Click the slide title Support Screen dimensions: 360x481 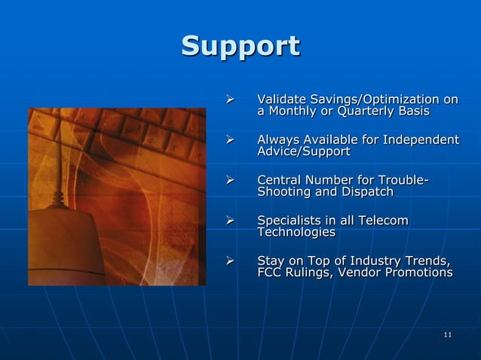[x=240, y=46]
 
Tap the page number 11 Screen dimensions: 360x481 [x=448, y=334]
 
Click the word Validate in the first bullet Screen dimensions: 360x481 [x=280, y=99]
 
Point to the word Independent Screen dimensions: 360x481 [x=422, y=140]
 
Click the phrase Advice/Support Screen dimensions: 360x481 [x=304, y=153]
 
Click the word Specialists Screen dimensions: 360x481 [x=292, y=221]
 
